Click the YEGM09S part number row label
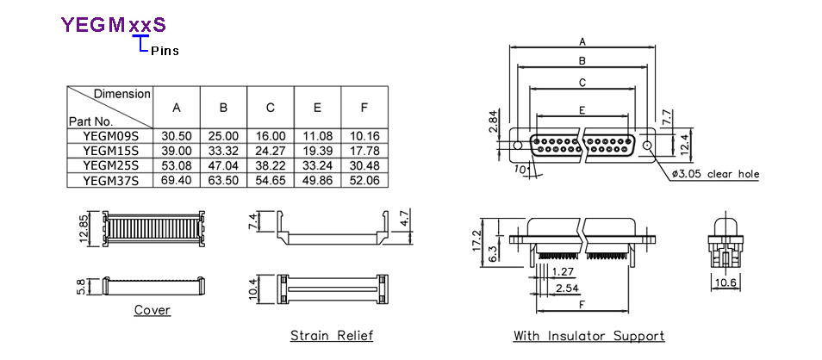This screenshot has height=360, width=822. click(x=110, y=136)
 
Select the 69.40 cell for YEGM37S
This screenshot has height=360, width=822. click(x=177, y=181)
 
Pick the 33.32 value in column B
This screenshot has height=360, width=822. click(x=223, y=151)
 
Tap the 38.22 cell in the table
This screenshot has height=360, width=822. click(x=271, y=165)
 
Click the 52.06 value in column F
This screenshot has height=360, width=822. click(x=364, y=181)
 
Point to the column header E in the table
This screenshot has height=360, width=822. click(x=317, y=108)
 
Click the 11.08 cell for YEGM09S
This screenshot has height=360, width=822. click(x=317, y=136)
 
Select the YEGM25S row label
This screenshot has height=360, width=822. click(x=110, y=165)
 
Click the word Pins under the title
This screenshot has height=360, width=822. click(x=165, y=52)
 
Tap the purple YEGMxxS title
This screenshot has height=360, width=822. click(x=113, y=25)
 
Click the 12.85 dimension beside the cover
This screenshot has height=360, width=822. click(x=84, y=228)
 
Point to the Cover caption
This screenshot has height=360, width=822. click(x=152, y=310)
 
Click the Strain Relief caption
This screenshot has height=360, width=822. click(x=332, y=335)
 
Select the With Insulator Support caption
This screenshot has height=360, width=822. click(x=588, y=335)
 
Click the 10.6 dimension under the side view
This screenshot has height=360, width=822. click(x=725, y=283)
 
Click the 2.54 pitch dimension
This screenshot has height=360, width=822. click(x=567, y=288)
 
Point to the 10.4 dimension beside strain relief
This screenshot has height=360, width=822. click(x=253, y=289)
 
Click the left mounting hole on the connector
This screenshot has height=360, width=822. click(x=518, y=146)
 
